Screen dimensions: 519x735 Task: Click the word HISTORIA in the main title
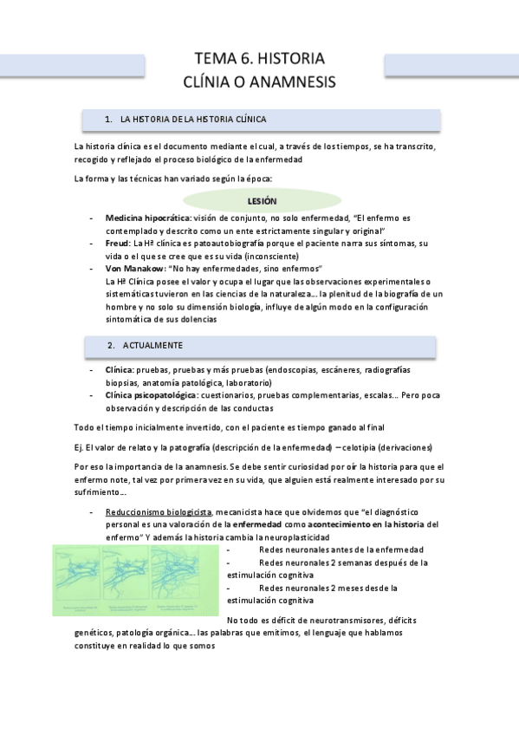(286, 59)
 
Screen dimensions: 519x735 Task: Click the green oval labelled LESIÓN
(262, 200)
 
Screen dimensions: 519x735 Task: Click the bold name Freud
(118, 244)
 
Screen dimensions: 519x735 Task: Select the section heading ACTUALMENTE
(152, 345)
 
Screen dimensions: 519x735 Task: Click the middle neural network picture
(129, 579)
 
